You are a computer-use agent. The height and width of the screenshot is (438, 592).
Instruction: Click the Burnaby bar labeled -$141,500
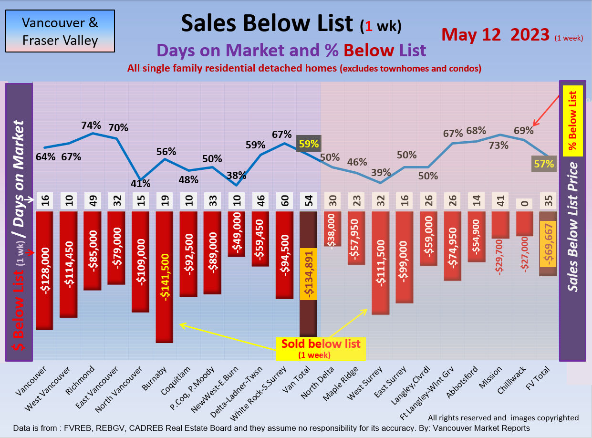[x=164, y=277]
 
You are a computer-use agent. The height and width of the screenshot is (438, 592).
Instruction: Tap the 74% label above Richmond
[x=91, y=125]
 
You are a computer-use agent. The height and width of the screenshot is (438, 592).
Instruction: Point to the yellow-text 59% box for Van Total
[x=309, y=143]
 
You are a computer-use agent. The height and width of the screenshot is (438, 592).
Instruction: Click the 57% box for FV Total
[x=544, y=164]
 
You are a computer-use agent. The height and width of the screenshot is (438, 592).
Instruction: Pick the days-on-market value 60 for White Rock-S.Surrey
[x=284, y=201]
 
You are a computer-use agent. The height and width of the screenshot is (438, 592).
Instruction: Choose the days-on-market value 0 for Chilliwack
[x=524, y=202]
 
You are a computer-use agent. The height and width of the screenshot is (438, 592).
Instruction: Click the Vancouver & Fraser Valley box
[x=60, y=31]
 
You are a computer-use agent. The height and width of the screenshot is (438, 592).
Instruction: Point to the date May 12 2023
[x=496, y=34]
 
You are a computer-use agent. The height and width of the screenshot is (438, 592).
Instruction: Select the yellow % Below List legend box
[x=573, y=121]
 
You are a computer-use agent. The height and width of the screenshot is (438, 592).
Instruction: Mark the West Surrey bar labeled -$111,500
[x=380, y=262]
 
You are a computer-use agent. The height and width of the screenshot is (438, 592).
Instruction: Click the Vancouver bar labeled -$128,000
[x=44, y=270]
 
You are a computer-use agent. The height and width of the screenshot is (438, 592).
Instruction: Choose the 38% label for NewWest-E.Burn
[x=236, y=176]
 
